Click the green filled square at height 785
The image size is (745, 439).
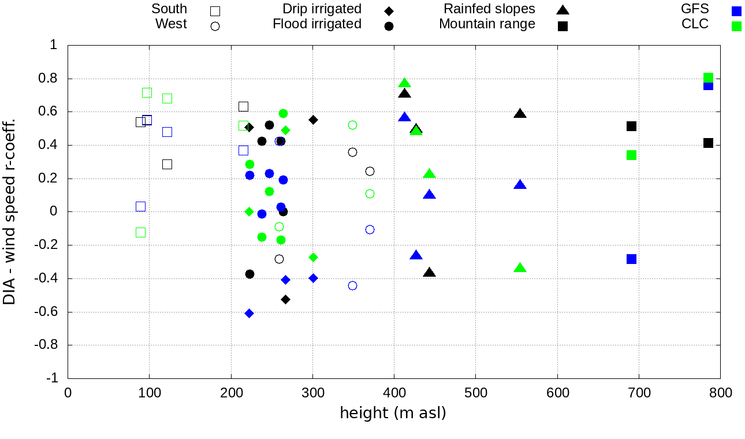tap(708, 78)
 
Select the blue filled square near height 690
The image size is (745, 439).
tap(631, 259)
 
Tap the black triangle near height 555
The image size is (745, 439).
tap(520, 114)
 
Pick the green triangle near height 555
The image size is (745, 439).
tap(520, 268)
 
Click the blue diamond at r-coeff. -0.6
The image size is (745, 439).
tap(249, 313)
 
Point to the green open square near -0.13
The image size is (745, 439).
tap(140, 233)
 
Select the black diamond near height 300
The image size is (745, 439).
tap(313, 120)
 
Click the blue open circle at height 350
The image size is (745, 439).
tap(352, 285)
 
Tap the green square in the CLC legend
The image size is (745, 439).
tap(736, 26)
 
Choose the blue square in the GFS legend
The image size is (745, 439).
tap(736, 10)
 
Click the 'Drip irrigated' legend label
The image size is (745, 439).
tap(322, 9)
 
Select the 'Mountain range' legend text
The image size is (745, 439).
tap(487, 24)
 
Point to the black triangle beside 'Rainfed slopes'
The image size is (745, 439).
tap(563, 10)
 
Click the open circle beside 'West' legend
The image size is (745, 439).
tap(215, 26)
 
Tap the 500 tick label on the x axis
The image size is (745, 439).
tap(475, 393)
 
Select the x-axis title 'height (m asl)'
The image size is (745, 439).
tap(393, 413)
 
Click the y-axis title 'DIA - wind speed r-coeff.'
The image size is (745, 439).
tap(9, 212)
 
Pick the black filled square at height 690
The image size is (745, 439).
tap(631, 126)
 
